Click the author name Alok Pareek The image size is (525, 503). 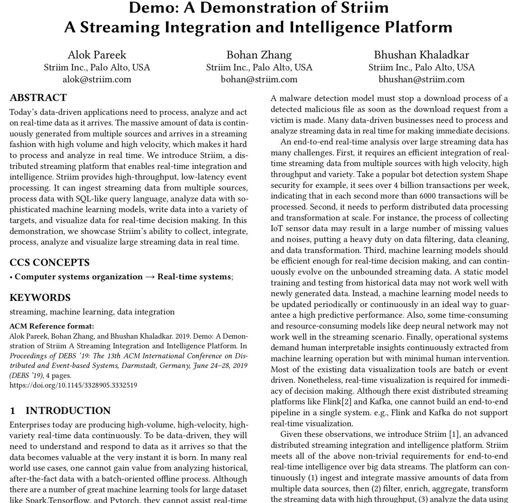pyautogui.click(x=97, y=55)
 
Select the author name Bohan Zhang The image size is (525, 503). pyautogui.click(x=259, y=55)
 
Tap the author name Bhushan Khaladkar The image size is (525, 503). pyautogui.click(x=421, y=55)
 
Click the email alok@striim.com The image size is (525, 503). pyautogui.click(x=97, y=79)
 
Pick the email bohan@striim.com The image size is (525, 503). pyautogui.click(x=259, y=79)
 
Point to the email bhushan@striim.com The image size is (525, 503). pyautogui.click(x=421, y=79)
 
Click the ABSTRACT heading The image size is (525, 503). pyautogui.click(x=38, y=98)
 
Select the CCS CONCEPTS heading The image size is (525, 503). pyautogui.click(x=49, y=262)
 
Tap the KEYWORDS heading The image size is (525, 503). pyautogui.click(x=40, y=298)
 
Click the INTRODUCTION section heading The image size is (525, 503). pyautogui.click(x=68, y=411)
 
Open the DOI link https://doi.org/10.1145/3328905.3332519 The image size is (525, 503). pyautogui.click(x=73, y=385)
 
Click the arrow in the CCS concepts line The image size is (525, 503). pyautogui.click(x=150, y=277)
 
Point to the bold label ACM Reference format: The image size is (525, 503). pyautogui.click(x=52, y=326)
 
